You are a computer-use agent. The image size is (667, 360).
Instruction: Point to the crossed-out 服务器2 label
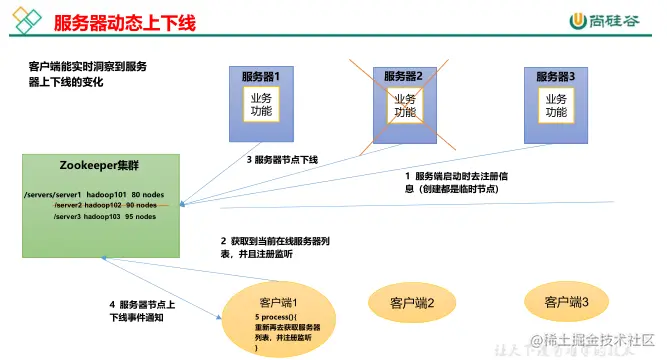404,76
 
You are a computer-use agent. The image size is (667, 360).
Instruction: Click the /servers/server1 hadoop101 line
90,195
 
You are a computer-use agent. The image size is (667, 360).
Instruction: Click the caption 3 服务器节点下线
282,160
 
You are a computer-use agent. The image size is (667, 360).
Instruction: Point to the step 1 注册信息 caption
456,181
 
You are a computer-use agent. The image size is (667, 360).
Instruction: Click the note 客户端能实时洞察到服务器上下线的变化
88,74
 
